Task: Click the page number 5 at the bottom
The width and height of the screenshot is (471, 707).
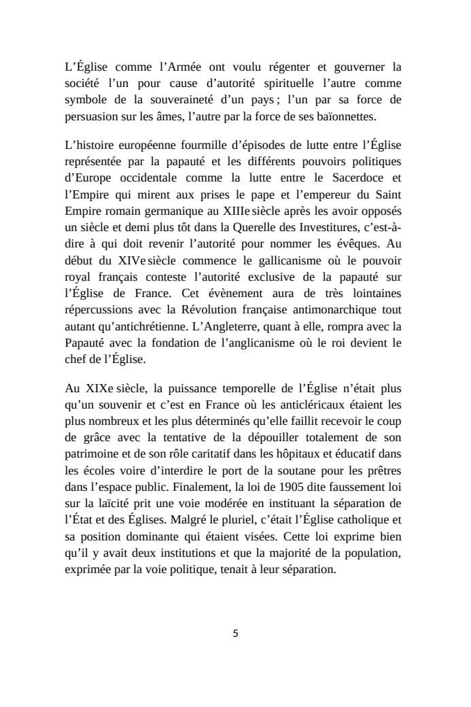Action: [x=235, y=634]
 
